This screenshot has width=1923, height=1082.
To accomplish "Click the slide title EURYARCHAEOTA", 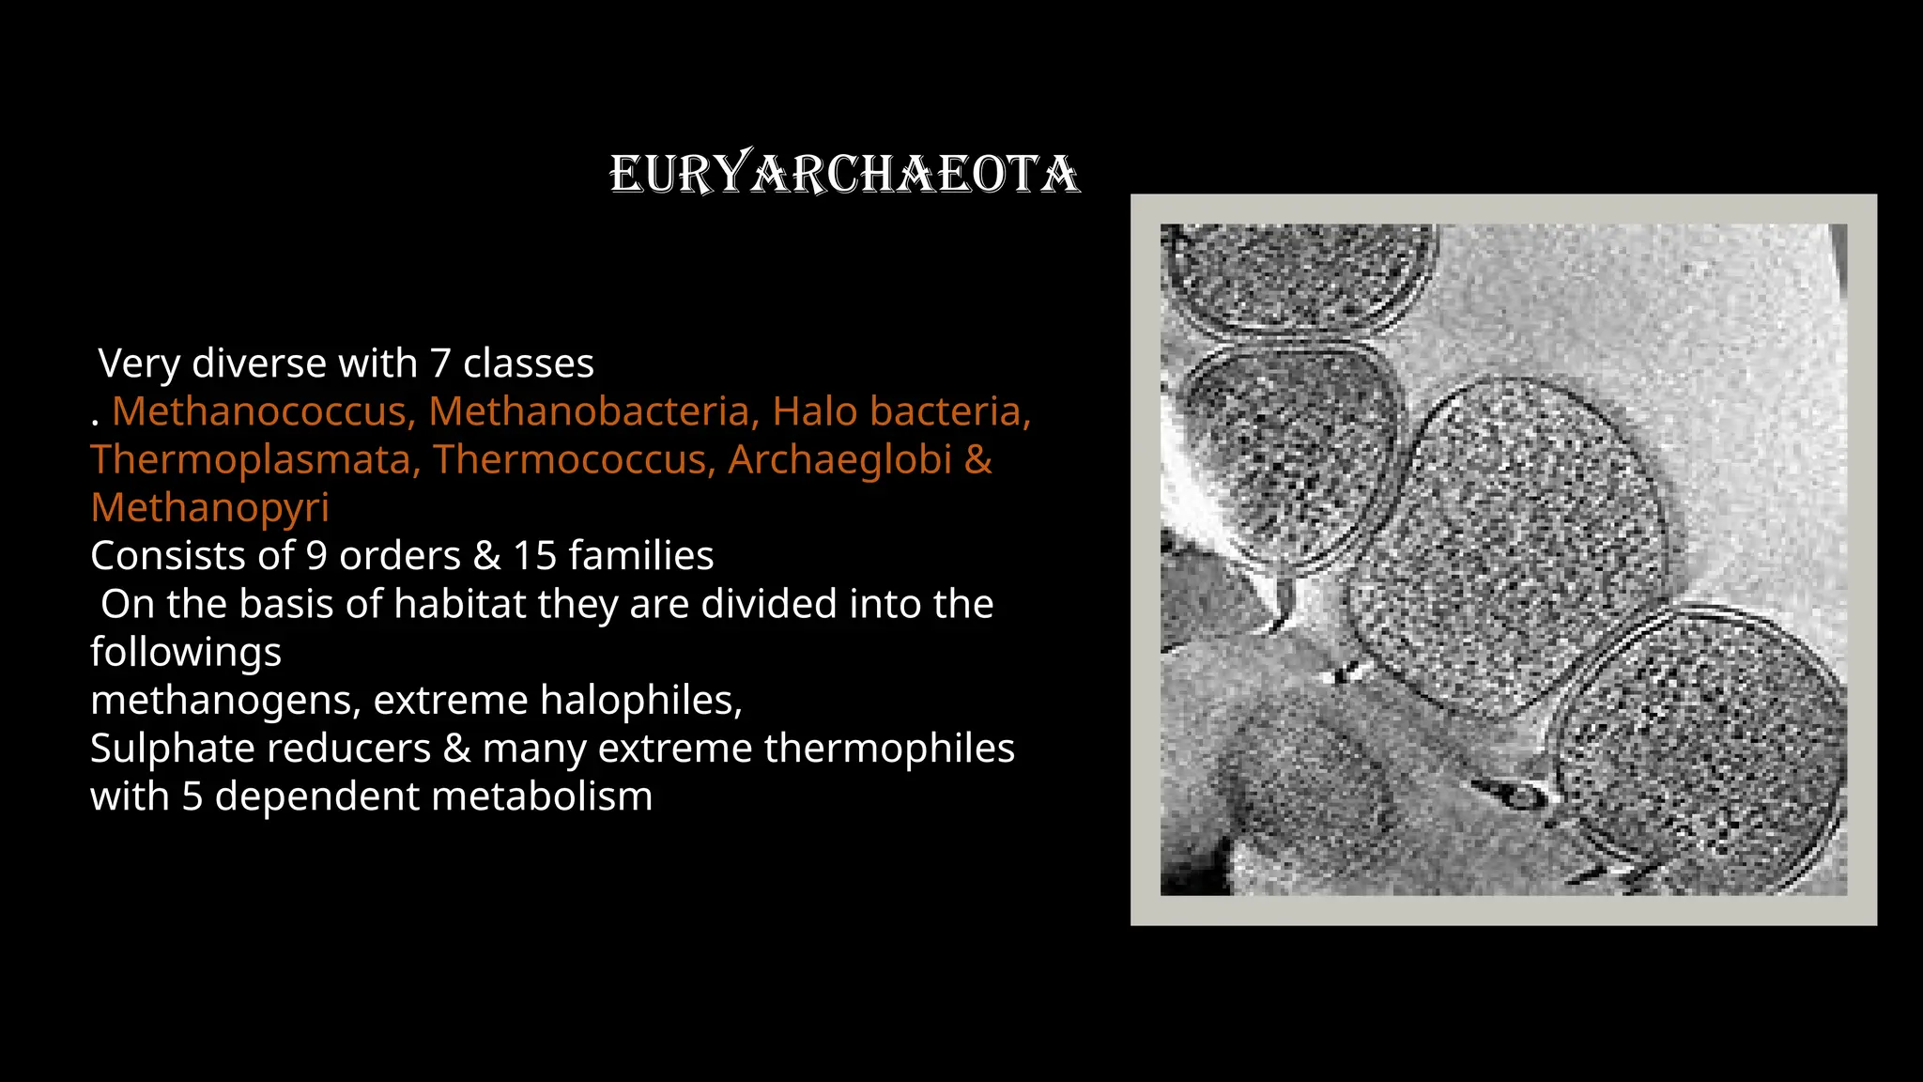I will point(844,175).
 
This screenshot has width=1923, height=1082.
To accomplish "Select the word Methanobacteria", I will point(593,411).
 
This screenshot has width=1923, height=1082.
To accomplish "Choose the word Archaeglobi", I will point(839,459).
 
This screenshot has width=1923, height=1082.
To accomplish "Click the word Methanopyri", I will point(209,507).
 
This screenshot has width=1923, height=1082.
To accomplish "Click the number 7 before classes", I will point(439,363).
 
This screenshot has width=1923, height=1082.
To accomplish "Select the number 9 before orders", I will point(316,556).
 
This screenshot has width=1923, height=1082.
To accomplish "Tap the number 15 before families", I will point(534,556).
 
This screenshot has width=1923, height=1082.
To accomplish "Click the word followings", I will point(186,652).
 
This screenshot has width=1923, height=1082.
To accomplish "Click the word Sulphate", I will point(166,749).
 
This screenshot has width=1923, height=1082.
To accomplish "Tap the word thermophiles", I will point(889,749).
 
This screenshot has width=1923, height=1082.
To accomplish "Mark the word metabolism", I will point(528,796).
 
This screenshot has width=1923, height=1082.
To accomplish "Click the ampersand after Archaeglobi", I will point(977,459).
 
